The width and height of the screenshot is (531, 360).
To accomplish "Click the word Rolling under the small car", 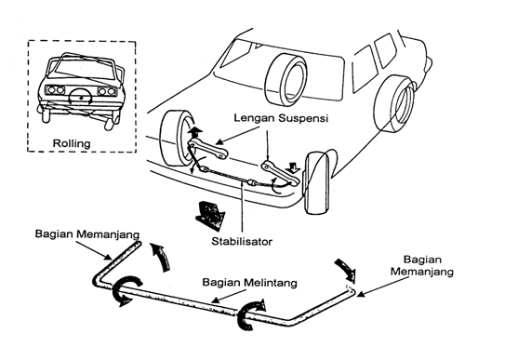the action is [x=72, y=143].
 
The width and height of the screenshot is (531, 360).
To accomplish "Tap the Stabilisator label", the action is [x=242, y=242].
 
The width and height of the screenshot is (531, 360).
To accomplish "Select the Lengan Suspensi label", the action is [x=281, y=118].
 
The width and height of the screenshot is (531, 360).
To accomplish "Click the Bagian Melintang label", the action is [x=249, y=283].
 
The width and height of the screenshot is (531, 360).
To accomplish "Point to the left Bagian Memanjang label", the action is [x=87, y=234].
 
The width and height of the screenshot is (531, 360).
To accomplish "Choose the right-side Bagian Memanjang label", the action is [x=422, y=265].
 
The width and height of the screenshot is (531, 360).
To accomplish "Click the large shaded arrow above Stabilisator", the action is [x=210, y=215].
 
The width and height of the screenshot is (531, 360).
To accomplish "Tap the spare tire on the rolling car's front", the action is [x=81, y=99].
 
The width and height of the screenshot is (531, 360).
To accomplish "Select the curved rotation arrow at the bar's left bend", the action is [x=126, y=291].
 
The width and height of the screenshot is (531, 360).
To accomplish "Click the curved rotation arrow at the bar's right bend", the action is [x=251, y=314].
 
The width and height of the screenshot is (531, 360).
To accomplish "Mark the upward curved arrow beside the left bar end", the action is [x=161, y=257].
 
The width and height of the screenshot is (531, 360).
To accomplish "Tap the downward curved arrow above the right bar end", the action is [x=346, y=270].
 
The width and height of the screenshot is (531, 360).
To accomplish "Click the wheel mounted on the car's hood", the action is [x=286, y=79].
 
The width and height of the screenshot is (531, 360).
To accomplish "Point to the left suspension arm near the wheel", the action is [x=208, y=149].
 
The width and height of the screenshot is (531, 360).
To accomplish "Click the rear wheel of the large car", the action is [x=394, y=104].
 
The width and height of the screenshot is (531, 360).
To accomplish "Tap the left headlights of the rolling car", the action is [x=56, y=90].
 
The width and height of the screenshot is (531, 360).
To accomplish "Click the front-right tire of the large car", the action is [x=317, y=183].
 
